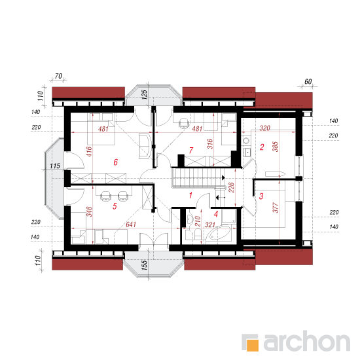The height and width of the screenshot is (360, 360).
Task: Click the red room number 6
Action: [116, 162]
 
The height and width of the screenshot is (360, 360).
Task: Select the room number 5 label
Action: [115, 206]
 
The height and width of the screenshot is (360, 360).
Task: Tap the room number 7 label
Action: [191, 151]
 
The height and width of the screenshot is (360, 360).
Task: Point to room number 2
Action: [262, 147]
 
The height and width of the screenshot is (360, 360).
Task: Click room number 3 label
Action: [261, 196]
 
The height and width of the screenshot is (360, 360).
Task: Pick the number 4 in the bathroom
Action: [216, 214]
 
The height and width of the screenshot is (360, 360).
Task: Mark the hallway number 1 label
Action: [190, 196]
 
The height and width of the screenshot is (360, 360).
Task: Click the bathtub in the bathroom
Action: [219, 233]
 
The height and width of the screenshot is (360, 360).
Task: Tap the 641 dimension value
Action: [131, 225]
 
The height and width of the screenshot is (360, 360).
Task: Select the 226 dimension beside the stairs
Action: [231, 187]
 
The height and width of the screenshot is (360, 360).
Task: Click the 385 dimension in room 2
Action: [275, 147]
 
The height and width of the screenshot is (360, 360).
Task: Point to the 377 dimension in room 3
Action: [275, 207]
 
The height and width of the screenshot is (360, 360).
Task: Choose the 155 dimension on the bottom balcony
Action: [144, 265]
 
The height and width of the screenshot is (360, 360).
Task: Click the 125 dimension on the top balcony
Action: [144, 95]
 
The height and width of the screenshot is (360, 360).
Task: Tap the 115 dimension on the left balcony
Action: [55, 166]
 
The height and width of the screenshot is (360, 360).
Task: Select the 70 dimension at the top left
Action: [58, 76]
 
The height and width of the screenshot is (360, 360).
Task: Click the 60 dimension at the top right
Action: [308, 82]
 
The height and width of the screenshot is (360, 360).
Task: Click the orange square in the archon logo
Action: [252, 345]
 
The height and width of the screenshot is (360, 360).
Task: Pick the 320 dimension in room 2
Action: [264, 128]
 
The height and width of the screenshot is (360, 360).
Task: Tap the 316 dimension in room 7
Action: [210, 144]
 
